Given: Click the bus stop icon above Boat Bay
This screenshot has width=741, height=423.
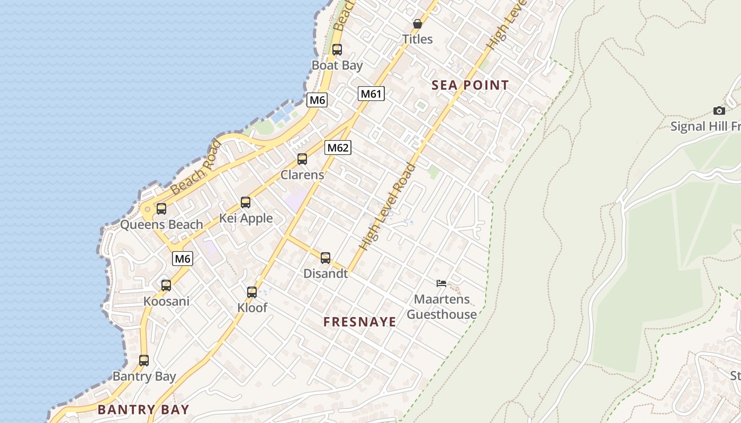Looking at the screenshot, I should (337, 50).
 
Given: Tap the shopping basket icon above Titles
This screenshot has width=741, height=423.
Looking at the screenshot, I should (417, 24).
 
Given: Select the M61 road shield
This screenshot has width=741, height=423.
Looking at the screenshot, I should (371, 94).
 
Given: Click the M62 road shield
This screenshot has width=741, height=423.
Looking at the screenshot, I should (338, 148).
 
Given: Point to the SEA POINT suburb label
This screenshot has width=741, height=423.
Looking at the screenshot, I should (470, 85).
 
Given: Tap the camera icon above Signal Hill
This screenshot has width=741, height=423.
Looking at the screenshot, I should (719, 111).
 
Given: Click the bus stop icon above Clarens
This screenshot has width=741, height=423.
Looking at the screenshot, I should (302, 159).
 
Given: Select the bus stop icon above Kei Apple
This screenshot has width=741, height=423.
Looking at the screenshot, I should (245, 202).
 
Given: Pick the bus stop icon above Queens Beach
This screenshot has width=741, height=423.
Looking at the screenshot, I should (161, 208).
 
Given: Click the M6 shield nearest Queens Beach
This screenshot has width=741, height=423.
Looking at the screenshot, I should (182, 259).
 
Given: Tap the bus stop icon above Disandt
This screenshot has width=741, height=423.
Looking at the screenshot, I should (326, 258).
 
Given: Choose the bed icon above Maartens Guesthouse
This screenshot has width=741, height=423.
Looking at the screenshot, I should (441, 283).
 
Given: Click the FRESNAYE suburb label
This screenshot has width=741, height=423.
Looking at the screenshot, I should (360, 322).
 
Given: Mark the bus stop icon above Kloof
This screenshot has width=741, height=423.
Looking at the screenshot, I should (252, 292).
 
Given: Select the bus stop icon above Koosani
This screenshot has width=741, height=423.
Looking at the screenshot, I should (166, 286).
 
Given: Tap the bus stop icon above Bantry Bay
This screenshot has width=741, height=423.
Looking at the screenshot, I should (144, 361).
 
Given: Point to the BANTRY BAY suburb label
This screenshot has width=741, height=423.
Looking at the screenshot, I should (143, 409).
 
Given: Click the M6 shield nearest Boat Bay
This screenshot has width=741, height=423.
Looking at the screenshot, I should (317, 99).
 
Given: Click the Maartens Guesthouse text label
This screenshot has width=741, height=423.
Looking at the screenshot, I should (441, 307).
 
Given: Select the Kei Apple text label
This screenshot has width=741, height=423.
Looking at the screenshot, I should (246, 218).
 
